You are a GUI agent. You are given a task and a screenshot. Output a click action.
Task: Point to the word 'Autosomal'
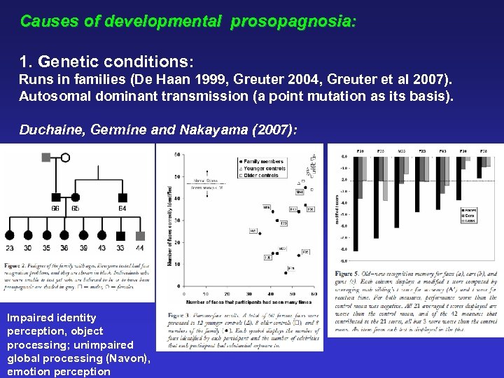tap(52, 95)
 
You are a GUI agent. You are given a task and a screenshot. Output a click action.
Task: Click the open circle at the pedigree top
tap(65, 157)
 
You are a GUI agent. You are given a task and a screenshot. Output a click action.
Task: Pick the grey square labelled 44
tap(141, 237)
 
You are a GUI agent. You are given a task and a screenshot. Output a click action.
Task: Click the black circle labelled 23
tap(9, 237)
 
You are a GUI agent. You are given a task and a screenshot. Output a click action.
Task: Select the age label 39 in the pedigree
tap(83, 248)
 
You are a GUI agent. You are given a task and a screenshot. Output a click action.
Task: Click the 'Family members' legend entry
tap(262, 161)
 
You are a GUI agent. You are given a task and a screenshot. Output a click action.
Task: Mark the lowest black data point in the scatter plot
tap(286, 273)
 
